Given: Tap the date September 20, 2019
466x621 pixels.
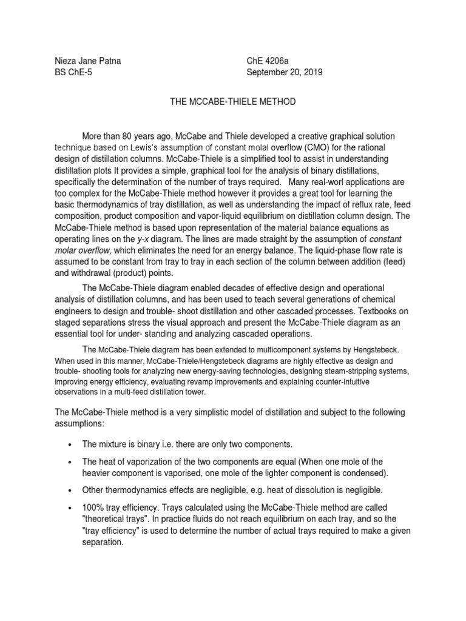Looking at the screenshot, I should click(285, 72).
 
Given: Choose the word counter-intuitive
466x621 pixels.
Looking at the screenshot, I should click(342, 381).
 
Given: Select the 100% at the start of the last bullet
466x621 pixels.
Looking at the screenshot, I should click(93, 506).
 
